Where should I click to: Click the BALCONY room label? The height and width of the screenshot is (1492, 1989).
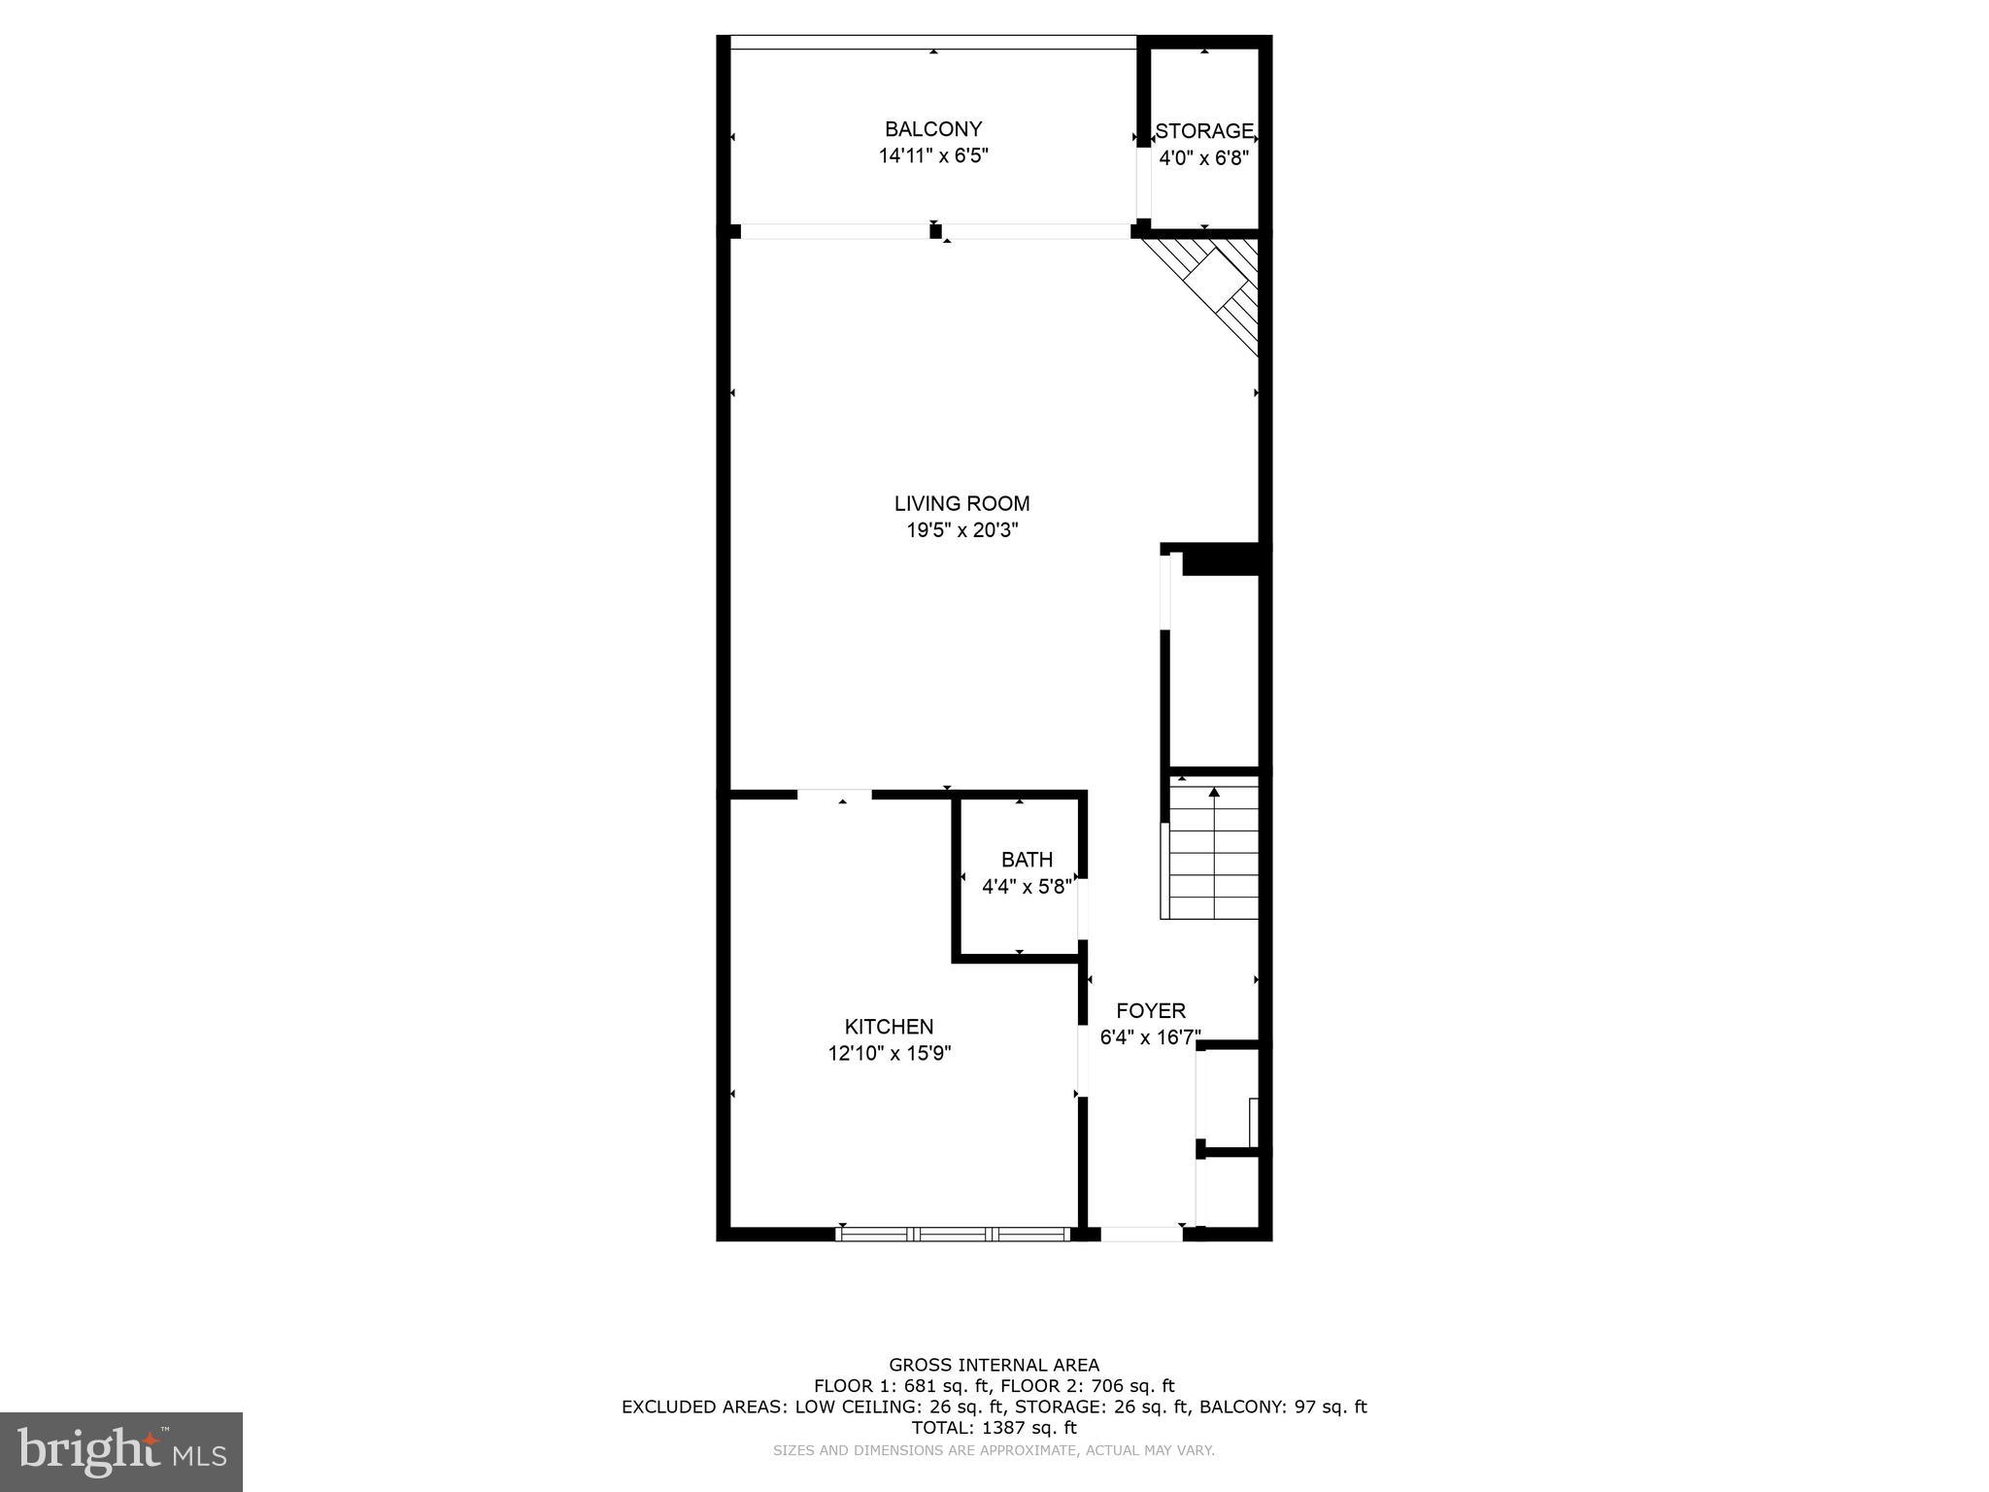click(x=932, y=129)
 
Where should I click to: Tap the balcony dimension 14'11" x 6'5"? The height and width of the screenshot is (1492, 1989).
click(x=932, y=155)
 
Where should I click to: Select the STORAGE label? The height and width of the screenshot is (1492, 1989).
click(x=1203, y=131)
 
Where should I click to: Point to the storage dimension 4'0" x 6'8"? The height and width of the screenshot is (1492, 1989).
click(x=1203, y=158)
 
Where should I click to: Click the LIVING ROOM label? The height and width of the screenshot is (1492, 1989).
click(x=961, y=503)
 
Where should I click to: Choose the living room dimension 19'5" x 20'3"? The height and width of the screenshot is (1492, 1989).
click(x=961, y=530)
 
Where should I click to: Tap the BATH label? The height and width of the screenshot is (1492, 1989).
click(x=1027, y=860)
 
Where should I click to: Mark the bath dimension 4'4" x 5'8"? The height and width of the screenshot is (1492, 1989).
click(x=1027, y=886)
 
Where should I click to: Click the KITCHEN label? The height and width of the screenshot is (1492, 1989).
click(x=889, y=1027)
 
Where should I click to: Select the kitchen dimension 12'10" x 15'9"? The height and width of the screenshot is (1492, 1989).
click(x=889, y=1054)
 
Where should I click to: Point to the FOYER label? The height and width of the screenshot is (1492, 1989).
click(x=1150, y=1010)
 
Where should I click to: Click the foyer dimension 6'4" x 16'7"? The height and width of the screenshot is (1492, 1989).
click(x=1150, y=1037)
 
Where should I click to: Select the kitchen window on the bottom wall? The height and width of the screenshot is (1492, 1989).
click(x=953, y=1234)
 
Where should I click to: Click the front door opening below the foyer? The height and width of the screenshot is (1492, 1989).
click(x=1141, y=1234)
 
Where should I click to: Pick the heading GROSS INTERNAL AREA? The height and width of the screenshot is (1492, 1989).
click(x=994, y=1365)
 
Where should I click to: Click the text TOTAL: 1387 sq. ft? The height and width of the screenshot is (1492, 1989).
click(x=994, y=1428)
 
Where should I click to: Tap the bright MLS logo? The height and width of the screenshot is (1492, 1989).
click(x=121, y=1451)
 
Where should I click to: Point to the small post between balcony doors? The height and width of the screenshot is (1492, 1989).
click(x=935, y=231)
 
